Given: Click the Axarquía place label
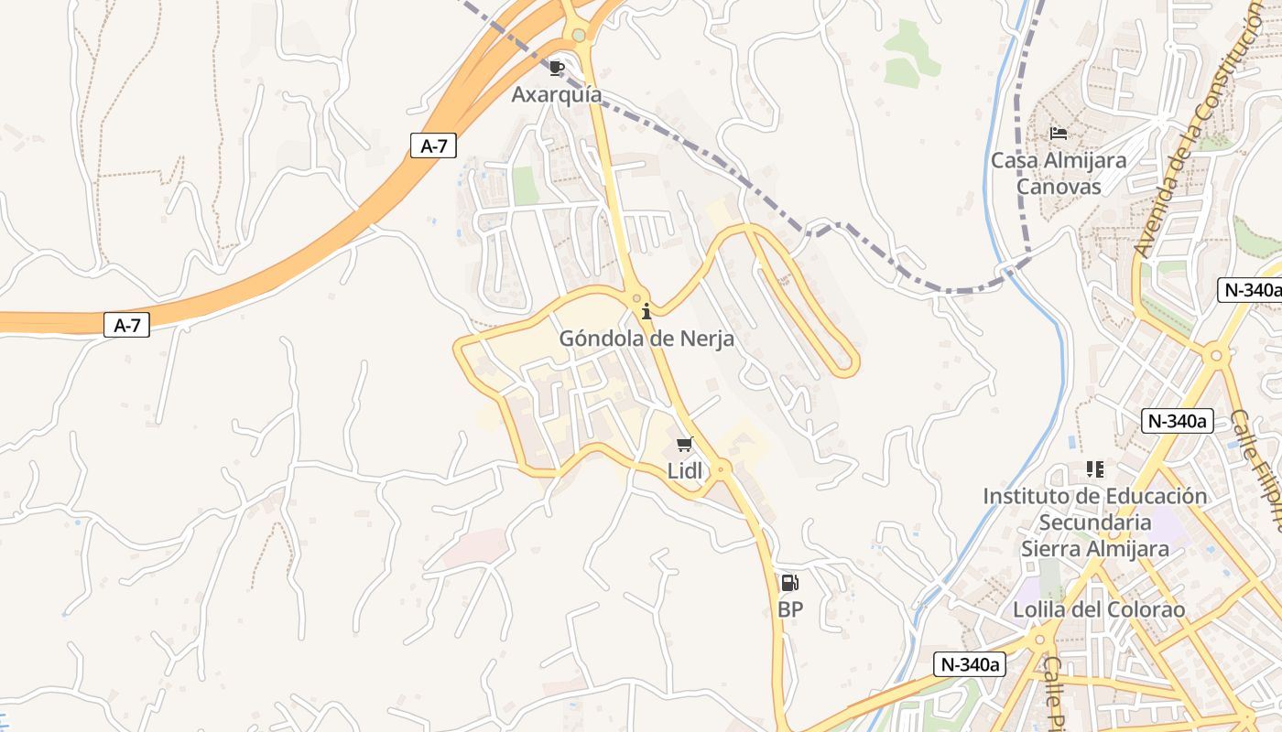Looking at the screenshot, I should [x=557, y=94].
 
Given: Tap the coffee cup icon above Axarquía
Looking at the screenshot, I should [x=557, y=68].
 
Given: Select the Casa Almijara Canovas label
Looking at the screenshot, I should [x=1059, y=173].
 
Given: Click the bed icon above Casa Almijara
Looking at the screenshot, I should [x=1059, y=134].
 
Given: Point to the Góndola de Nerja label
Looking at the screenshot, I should [x=646, y=339].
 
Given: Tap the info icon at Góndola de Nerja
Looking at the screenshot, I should [x=646, y=311].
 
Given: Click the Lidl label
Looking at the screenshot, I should [x=685, y=471].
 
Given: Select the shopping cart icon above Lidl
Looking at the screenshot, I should [x=684, y=445].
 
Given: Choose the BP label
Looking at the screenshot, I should [x=789, y=609].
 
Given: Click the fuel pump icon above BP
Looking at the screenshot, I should [x=789, y=583].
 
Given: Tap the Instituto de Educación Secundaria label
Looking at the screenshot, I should [x=1095, y=522].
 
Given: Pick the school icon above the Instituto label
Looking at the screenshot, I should [x=1094, y=469].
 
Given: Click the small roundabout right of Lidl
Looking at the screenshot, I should [x=722, y=469].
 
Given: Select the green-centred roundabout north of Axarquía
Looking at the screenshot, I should [x=578, y=36].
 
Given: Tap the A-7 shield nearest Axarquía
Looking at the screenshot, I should [x=432, y=145].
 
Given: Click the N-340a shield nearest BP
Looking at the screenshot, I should [x=970, y=664].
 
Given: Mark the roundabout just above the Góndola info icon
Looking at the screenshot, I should [x=637, y=298].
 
